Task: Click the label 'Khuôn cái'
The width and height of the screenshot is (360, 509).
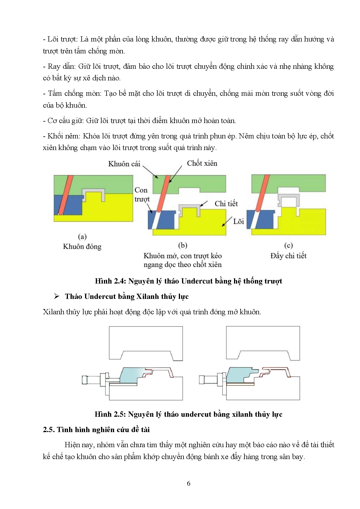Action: [124, 164]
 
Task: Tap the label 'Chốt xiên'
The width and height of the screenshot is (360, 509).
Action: [202, 163]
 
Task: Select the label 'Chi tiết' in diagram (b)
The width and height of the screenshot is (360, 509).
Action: [226, 204]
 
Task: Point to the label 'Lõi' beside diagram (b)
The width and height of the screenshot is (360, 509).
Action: [238, 222]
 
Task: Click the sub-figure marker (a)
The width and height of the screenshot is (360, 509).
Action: [82, 237]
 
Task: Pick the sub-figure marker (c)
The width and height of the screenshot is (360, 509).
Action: [288, 246]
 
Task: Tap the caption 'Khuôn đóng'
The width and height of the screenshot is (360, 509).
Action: [82, 247]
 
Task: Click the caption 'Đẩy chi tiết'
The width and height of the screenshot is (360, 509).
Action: [288, 256]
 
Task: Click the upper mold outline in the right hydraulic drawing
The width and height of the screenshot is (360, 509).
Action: [263, 338]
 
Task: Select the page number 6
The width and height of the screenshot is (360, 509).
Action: [188, 483]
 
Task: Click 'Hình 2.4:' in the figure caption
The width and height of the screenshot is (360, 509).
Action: [110, 281]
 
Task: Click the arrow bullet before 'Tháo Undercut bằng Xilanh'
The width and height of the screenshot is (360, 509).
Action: [57, 296]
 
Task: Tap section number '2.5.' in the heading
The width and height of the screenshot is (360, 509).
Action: [48, 430]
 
